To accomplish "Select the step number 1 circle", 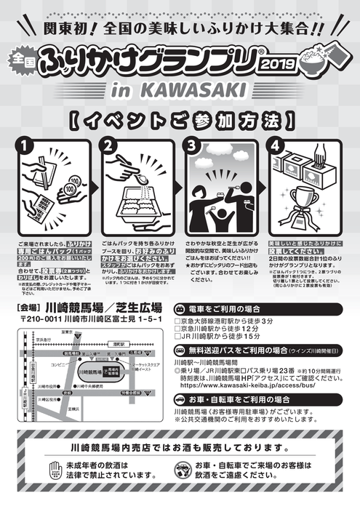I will pyautogui.click(x=25, y=145).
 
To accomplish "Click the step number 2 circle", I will pyautogui.click(x=111, y=145).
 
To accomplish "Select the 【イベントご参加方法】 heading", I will pyautogui.click(x=180, y=119).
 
